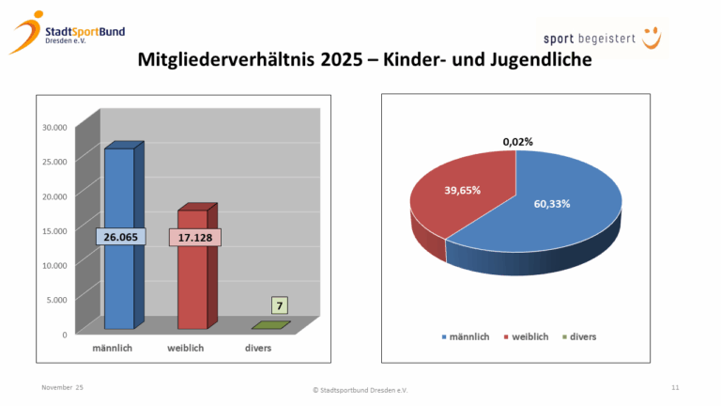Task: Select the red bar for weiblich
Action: pyautogui.click(x=192, y=282)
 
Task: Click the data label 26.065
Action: pyautogui.click(x=120, y=238)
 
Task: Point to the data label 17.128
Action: pyautogui.click(x=193, y=238)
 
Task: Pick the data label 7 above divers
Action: pyautogui.click(x=280, y=305)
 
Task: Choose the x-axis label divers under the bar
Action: pyautogui.click(x=260, y=349)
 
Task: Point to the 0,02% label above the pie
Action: pyautogui.click(x=517, y=142)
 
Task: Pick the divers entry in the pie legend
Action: pyautogui.click(x=579, y=336)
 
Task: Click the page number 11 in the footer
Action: pyautogui.click(x=675, y=387)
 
